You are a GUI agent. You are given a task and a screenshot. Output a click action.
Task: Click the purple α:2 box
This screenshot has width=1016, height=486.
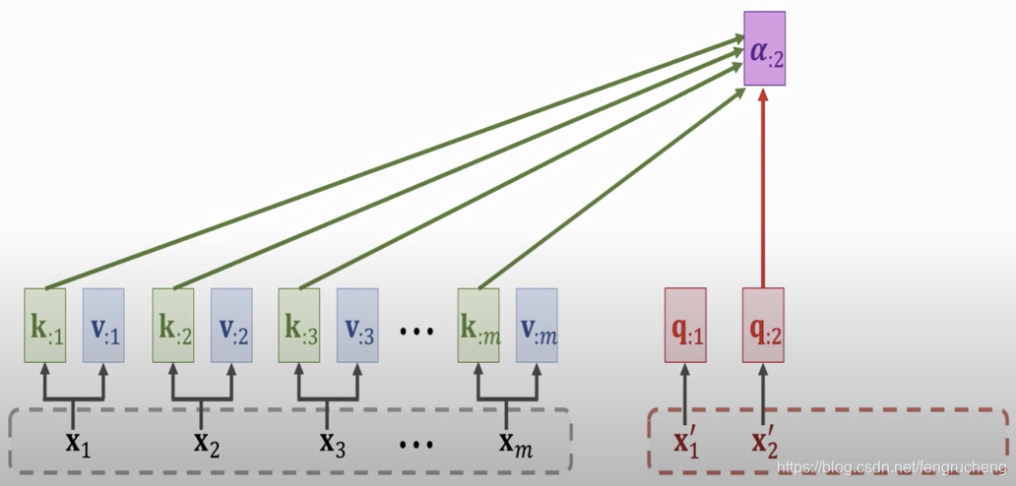tap(764, 48)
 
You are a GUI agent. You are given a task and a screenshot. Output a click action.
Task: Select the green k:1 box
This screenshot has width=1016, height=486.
tap(45, 326)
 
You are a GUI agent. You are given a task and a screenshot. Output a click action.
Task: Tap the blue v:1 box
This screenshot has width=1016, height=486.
tap(103, 326)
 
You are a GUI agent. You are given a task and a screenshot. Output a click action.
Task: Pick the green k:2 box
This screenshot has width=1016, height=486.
tap(173, 326)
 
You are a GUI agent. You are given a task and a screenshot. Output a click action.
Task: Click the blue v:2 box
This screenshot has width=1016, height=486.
tap(231, 326)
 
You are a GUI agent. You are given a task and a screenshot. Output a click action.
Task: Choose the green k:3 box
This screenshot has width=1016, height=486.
tap(299, 326)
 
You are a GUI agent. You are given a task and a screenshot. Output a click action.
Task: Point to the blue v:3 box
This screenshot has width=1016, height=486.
tap(357, 326)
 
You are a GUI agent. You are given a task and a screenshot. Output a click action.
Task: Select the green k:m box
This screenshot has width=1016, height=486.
tap(478, 326)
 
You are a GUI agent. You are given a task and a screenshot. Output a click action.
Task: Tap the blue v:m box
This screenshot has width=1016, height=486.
tap(537, 326)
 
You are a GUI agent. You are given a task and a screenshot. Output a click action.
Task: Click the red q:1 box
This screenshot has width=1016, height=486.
tap(685, 326)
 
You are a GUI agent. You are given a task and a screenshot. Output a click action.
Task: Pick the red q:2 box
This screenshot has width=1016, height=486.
tap(763, 326)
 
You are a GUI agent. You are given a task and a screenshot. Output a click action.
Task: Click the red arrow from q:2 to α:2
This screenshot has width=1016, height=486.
tap(763, 187)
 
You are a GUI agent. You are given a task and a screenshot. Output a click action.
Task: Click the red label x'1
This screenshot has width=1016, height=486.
tap(686, 440)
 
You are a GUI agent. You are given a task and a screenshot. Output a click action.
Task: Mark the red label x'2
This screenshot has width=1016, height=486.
tap(764, 440)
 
